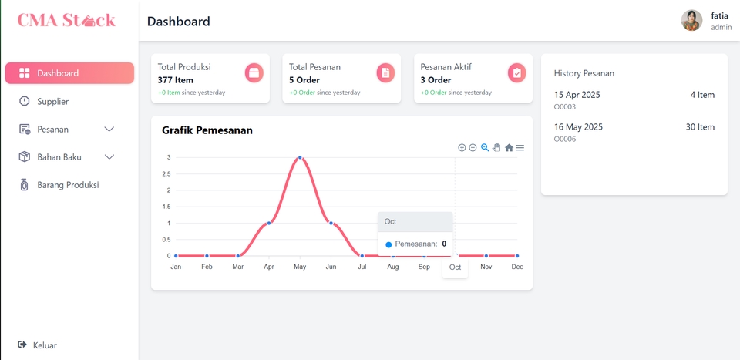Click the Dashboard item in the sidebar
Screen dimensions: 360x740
click(x=69, y=73)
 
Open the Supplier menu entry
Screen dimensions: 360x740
click(x=52, y=101)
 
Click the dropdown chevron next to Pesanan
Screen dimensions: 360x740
click(x=109, y=130)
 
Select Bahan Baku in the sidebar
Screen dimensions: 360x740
click(x=60, y=157)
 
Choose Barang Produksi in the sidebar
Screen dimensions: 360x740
click(x=67, y=185)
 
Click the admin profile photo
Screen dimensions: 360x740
click(x=691, y=21)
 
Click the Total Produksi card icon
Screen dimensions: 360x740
click(x=254, y=72)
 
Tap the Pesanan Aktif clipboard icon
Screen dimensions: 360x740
click(x=516, y=72)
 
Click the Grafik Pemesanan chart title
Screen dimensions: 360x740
click(x=207, y=130)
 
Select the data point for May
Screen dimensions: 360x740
click(x=300, y=158)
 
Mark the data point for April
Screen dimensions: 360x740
click(x=269, y=223)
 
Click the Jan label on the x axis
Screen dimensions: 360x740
click(x=176, y=267)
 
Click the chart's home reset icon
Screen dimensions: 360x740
click(x=509, y=148)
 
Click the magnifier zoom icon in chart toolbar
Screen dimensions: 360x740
click(x=485, y=148)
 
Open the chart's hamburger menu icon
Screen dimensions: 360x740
click(x=520, y=148)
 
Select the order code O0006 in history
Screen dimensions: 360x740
click(x=565, y=140)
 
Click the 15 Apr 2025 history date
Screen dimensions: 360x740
click(x=577, y=95)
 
